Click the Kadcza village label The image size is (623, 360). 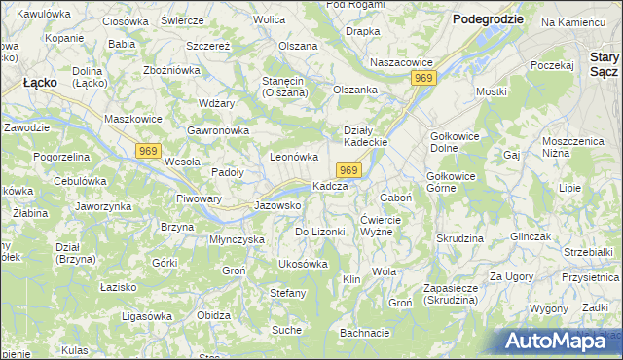click(330, 186)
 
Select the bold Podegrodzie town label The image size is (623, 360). click(488, 19)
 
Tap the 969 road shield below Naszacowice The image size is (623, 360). click(422, 78)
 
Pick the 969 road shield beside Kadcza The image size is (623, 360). click(351, 170)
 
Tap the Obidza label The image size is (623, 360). click(213, 315)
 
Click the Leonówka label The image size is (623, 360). click(294, 157)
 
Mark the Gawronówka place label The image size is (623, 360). click(219, 130)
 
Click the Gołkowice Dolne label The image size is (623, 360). click(458, 142)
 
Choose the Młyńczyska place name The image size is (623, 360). click(238, 238)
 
